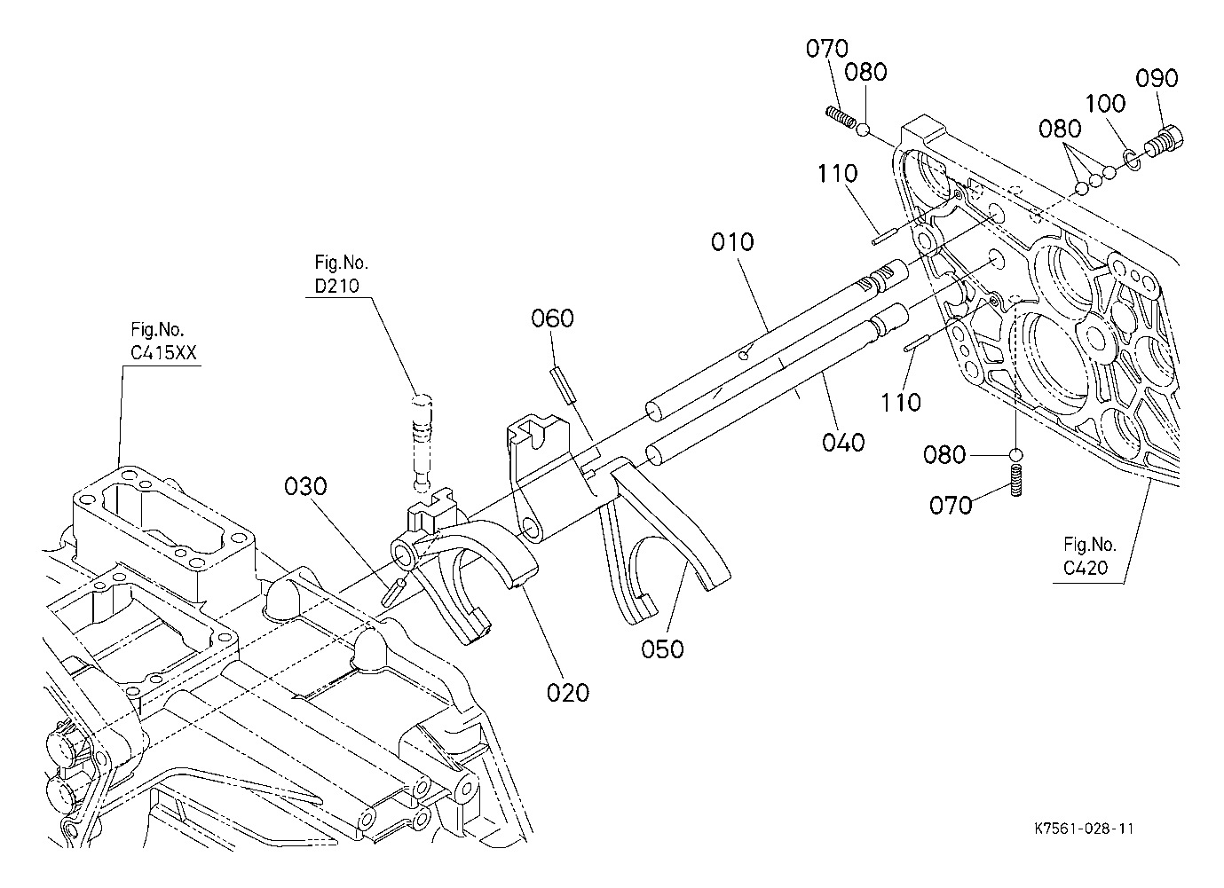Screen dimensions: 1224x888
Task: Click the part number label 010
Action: tap(732, 242)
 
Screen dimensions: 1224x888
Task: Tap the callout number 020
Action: tap(568, 693)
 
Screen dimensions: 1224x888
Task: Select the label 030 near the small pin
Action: tap(305, 487)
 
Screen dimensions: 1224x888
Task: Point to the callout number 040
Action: tap(843, 443)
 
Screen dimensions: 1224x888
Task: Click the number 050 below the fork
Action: tap(662, 649)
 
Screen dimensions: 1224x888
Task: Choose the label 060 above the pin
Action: tap(552, 318)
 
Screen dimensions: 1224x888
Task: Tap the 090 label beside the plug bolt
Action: tap(1157, 79)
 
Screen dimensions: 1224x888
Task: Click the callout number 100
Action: tap(1105, 103)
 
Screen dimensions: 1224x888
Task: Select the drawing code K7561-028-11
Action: tap(1084, 829)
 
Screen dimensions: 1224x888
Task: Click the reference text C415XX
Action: tap(162, 353)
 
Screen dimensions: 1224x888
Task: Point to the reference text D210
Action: tap(336, 286)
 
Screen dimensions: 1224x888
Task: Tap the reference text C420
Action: tap(1086, 568)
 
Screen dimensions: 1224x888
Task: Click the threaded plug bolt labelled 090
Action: tap(1162, 141)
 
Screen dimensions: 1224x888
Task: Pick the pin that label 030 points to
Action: tap(394, 592)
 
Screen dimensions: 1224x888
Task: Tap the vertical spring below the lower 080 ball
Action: tap(1015, 480)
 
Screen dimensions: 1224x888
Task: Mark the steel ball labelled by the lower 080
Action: tap(1015, 455)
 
